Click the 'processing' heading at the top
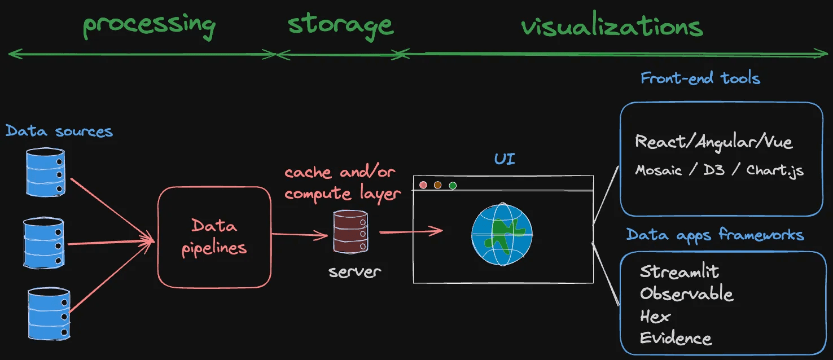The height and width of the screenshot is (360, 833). pos(149,25)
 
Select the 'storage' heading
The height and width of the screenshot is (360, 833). pos(340,25)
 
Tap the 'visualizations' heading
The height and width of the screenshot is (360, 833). pos(612,27)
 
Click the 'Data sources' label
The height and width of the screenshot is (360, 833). pos(59,131)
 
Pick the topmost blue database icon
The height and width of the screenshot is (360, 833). pos(45,172)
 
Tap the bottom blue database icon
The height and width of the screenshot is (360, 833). pos(49,313)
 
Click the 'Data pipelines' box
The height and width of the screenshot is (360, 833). pos(214,237)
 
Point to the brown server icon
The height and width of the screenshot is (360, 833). pos(350,231)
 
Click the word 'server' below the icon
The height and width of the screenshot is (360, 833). pos(354,271)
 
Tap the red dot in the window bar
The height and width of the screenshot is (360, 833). pos(423,185)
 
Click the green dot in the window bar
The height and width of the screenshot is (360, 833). pos(452,185)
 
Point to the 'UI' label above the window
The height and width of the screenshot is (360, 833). pos(505,159)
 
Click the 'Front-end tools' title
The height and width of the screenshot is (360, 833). pos(700,78)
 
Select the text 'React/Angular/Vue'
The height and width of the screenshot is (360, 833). pos(714,142)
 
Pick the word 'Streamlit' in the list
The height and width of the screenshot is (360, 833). pos(679,272)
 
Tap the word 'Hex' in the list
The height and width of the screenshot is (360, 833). pos(655,316)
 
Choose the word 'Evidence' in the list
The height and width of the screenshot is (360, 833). pos(676,338)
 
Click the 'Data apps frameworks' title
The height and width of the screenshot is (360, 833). pos(715,235)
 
